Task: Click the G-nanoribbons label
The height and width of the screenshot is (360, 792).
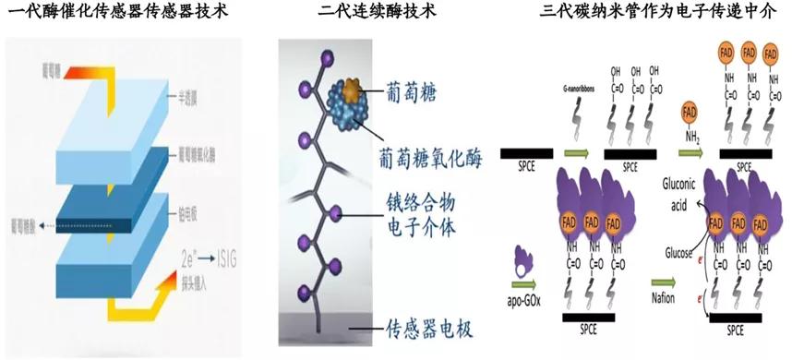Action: coord(571,89)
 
